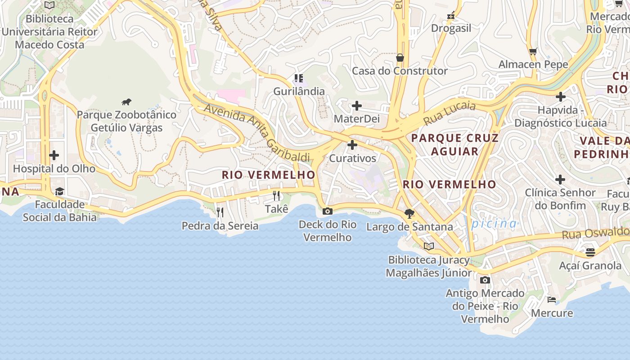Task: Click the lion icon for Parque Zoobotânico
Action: click(126, 102)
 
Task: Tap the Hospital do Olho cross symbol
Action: click(54, 156)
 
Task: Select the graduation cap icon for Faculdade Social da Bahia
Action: click(59, 192)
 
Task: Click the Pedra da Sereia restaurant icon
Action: click(220, 212)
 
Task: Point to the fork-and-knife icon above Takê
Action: click(276, 196)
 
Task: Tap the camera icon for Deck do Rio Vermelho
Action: click(328, 211)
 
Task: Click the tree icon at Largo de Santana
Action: click(409, 214)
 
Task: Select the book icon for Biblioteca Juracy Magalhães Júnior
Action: click(429, 247)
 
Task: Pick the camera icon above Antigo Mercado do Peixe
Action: click(485, 280)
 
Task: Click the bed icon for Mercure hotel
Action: click(552, 300)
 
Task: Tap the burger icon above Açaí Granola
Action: click(590, 252)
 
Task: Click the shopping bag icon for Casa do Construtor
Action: click(400, 58)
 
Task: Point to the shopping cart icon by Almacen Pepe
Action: click(533, 51)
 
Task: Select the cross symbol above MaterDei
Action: click(357, 106)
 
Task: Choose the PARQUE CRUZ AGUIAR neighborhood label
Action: click(455, 144)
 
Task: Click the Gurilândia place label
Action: click(299, 91)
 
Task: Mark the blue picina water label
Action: click(494, 224)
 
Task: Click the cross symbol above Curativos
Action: click(352, 145)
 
